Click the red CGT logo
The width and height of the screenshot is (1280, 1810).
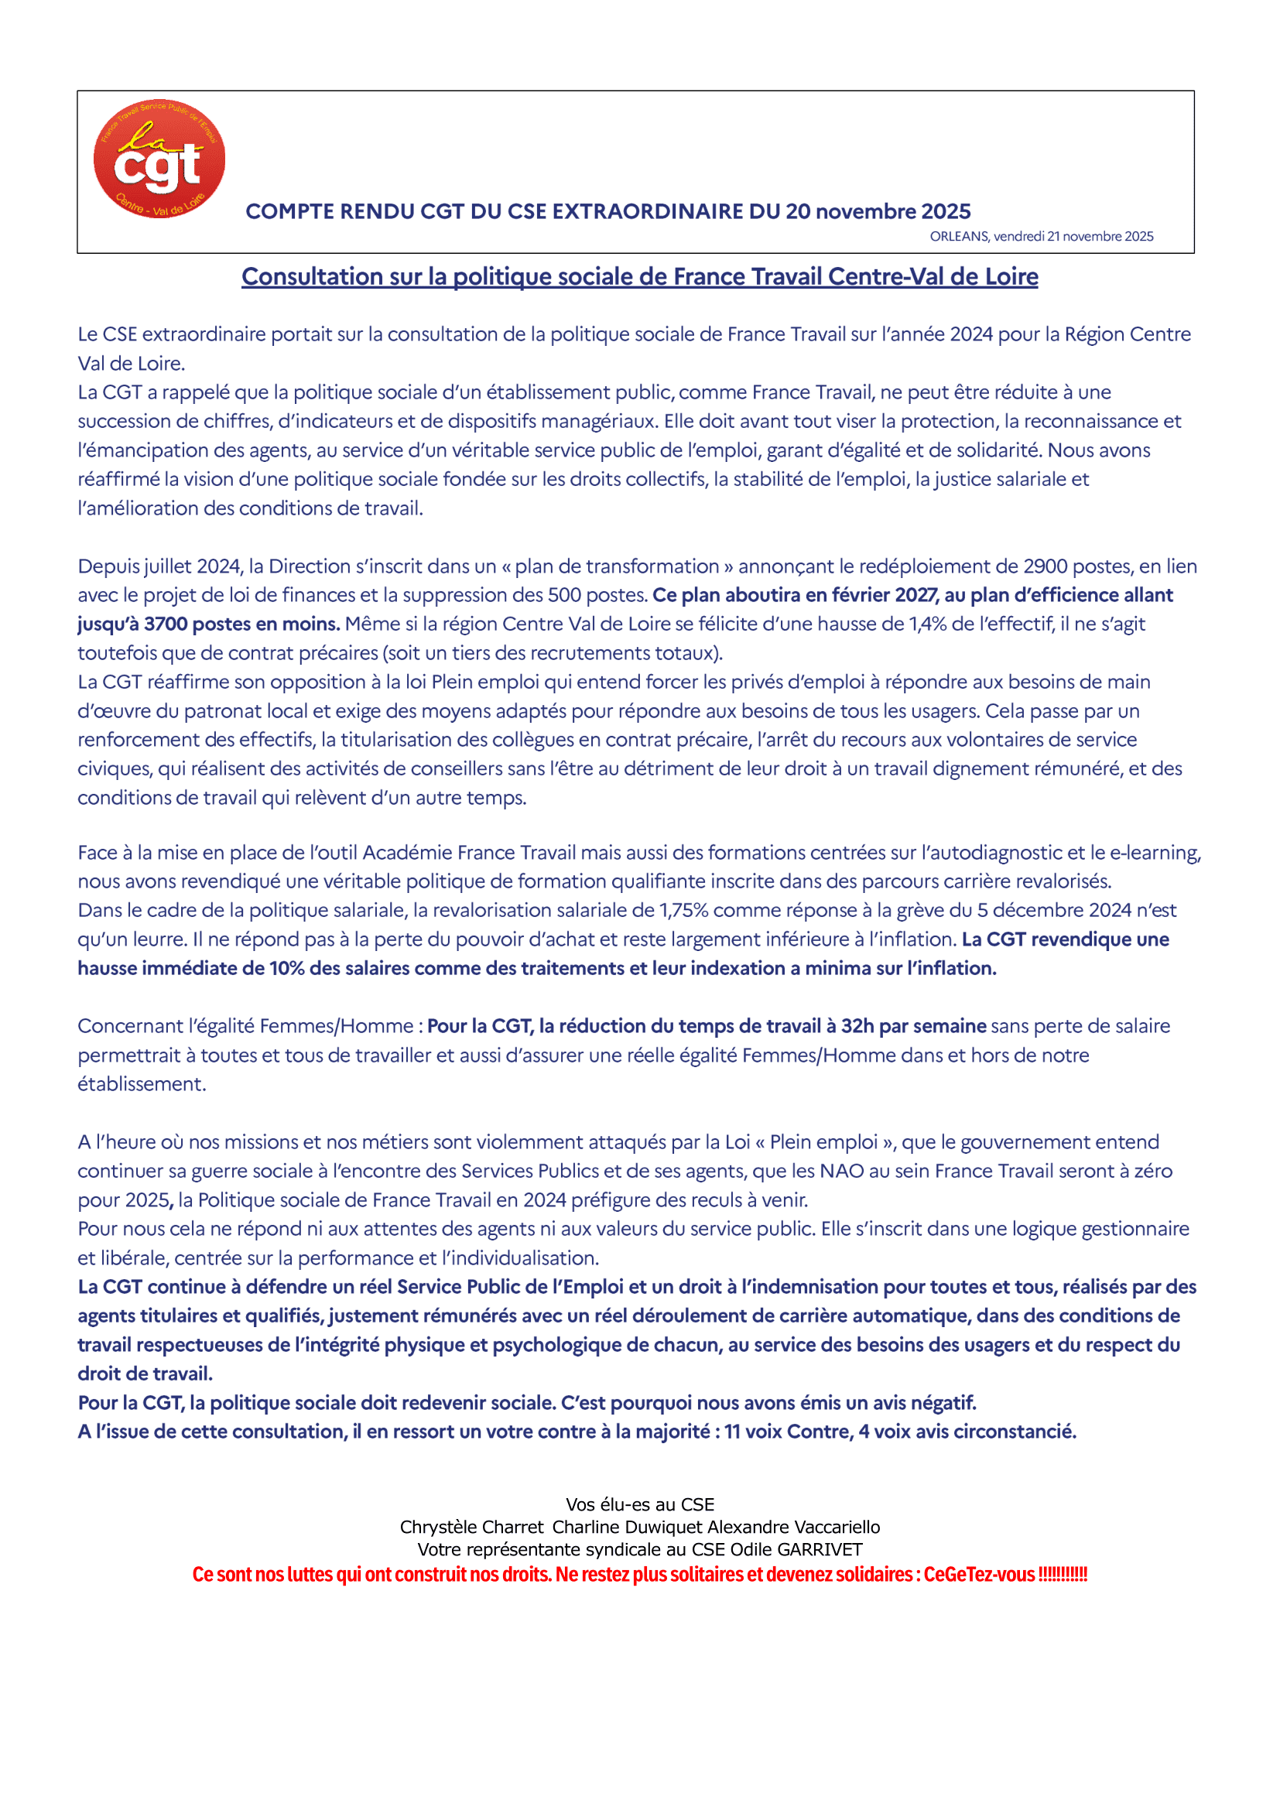159,159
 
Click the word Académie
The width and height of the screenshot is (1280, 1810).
407,852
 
